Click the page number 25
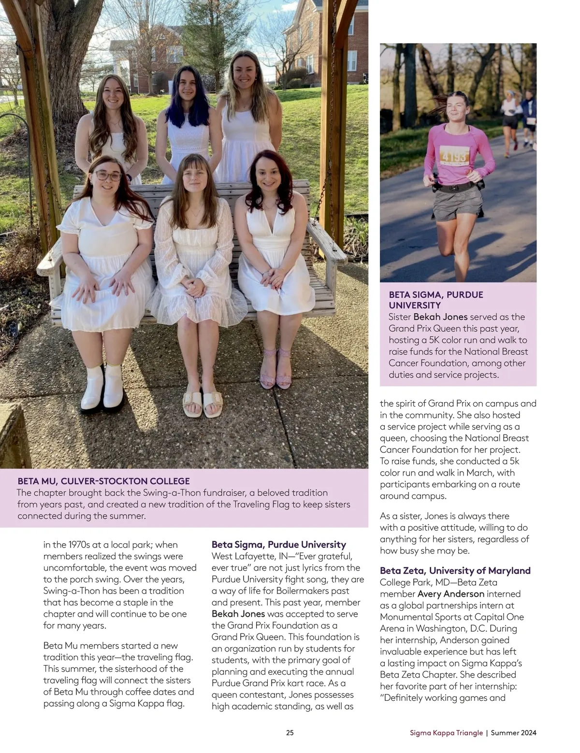[x=290, y=733]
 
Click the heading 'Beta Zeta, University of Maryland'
[x=455, y=571]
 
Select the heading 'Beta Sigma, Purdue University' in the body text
[x=279, y=545]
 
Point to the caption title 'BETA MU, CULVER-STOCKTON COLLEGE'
[x=103, y=481]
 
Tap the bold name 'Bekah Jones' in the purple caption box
[x=440, y=317]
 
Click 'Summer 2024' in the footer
[x=513, y=733]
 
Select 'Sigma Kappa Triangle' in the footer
[x=446, y=733]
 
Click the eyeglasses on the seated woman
[x=108, y=175]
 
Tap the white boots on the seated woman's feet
[x=102, y=388]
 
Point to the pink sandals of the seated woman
[x=276, y=370]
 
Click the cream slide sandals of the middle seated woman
[x=203, y=402]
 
